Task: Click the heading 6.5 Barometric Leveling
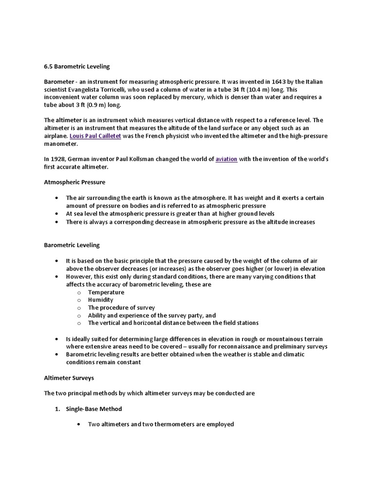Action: point(77,66)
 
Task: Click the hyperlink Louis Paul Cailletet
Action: point(95,136)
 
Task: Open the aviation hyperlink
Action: point(226,159)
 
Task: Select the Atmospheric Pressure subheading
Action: point(75,182)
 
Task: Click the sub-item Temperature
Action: point(106,292)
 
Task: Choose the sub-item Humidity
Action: point(100,300)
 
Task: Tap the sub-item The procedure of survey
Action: point(121,308)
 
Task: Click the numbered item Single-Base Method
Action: point(94,409)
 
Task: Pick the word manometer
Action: point(61,144)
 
